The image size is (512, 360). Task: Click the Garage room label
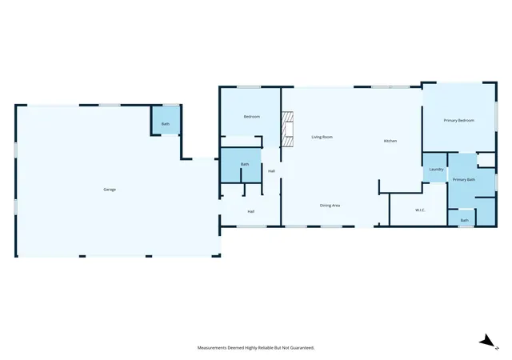(110, 190)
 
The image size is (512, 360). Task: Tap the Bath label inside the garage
(166, 124)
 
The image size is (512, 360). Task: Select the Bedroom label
(252, 117)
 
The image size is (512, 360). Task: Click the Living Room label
(322, 138)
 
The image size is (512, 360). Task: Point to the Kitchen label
(390, 141)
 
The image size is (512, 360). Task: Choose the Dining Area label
(330, 206)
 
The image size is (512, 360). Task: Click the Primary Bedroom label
(458, 121)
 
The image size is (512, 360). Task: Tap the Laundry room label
(436, 170)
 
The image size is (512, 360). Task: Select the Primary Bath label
(464, 180)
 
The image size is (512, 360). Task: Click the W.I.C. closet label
(420, 210)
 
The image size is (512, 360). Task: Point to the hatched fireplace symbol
(287, 129)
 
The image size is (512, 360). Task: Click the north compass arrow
(487, 342)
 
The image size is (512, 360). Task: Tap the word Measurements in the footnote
(212, 348)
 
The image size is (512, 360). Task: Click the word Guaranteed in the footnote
(303, 348)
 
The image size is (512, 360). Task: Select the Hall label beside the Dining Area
(250, 212)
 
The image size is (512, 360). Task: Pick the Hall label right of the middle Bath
(271, 171)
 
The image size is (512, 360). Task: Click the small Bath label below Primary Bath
(464, 221)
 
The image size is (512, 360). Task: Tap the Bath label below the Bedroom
(245, 164)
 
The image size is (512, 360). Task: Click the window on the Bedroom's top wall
(249, 87)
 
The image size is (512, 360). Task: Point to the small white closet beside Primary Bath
(487, 160)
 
